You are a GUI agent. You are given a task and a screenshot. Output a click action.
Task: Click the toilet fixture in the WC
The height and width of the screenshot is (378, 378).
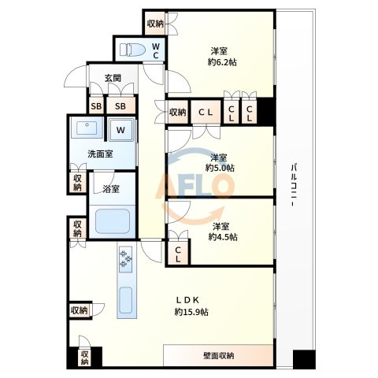tap(132, 50)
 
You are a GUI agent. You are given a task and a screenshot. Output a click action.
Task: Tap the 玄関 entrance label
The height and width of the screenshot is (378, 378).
tap(113, 78)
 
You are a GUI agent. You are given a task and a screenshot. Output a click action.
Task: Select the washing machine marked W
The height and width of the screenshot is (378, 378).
tap(120, 130)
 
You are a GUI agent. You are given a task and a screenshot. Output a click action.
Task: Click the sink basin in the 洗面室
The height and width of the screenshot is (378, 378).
tap(87, 128)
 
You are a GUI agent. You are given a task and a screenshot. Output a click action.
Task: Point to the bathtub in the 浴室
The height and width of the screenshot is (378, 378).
tap(113, 221)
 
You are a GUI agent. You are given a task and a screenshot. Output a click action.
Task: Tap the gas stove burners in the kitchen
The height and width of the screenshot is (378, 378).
tap(125, 259)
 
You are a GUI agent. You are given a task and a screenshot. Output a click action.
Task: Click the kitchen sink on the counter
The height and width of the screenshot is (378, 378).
tap(126, 300)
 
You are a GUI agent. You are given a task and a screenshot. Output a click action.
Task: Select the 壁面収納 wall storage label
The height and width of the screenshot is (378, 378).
tap(218, 356)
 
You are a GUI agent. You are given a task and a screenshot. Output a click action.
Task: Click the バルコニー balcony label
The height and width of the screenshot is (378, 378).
tap(295, 185)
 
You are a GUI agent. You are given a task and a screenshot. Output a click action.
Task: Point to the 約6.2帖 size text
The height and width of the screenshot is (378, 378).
tap(222, 62)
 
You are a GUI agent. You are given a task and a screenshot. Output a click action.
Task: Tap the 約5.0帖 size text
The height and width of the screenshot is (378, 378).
tap(220, 168)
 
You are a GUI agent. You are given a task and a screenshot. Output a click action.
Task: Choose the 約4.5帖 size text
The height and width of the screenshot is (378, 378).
tap(223, 237)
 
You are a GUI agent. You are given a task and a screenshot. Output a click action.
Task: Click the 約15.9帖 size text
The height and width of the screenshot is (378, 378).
tap(191, 312)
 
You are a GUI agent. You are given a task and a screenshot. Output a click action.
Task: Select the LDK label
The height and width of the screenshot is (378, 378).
tap(187, 299)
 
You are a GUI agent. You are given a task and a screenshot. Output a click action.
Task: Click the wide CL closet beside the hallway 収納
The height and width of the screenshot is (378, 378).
tap(206, 113)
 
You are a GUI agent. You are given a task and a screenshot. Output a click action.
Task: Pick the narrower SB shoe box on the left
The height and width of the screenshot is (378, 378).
tap(96, 106)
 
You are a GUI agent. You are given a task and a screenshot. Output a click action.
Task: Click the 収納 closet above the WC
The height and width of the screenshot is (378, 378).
tap(155, 24)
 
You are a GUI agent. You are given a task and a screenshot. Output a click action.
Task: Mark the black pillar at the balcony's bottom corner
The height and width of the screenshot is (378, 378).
tap(304, 359)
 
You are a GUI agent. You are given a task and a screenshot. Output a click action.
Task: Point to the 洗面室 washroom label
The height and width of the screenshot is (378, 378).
tap(100, 154)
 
